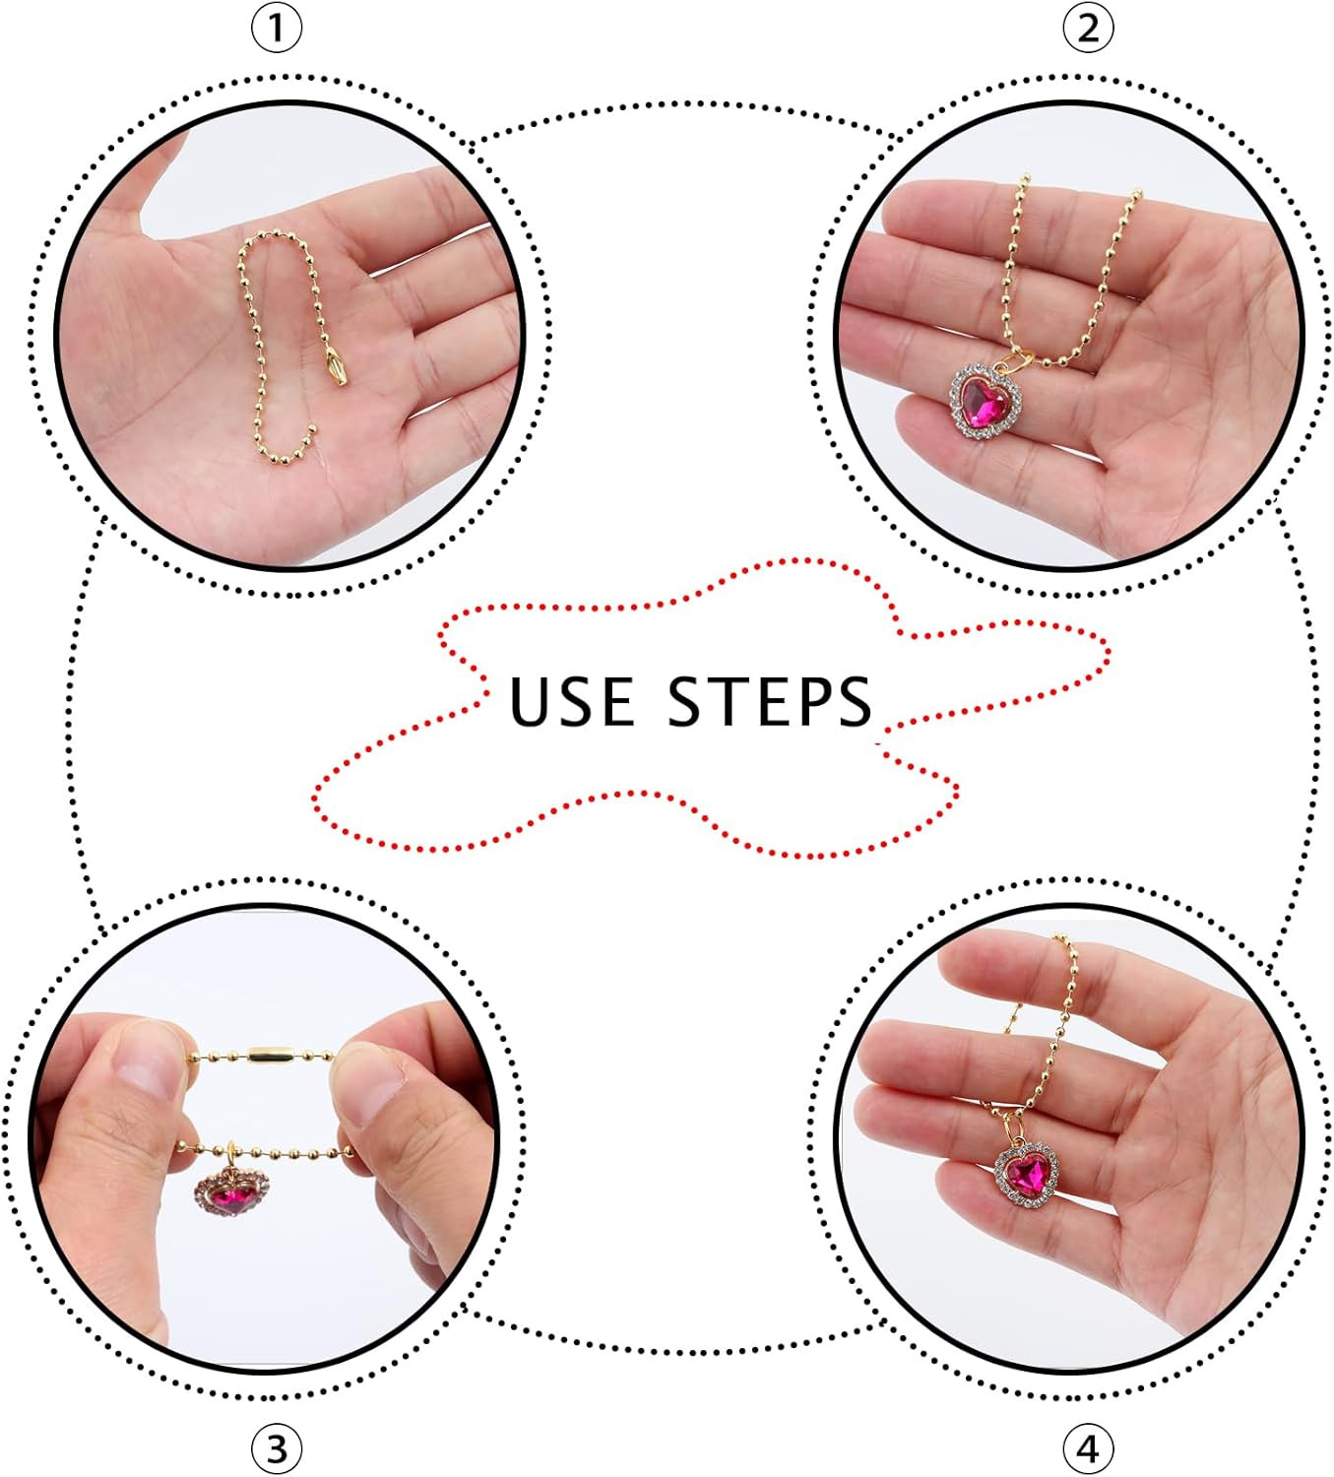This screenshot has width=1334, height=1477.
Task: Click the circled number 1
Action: click(277, 29)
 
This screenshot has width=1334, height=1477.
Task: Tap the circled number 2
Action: click(1088, 29)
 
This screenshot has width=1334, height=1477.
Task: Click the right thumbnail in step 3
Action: click(369, 1091)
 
